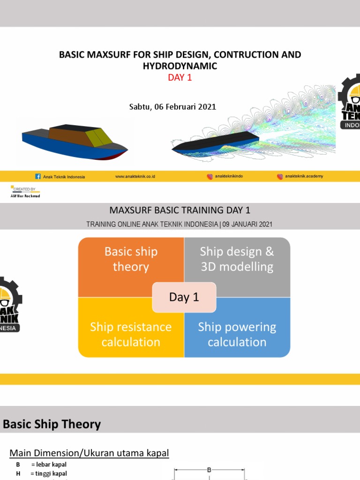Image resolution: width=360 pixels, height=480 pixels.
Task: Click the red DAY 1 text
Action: tap(180, 78)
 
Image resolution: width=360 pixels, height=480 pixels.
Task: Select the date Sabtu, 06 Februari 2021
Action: tap(172, 106)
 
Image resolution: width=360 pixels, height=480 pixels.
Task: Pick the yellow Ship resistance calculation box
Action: tap(131, 334)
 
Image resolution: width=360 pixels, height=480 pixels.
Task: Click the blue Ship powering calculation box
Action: tap(237, 334)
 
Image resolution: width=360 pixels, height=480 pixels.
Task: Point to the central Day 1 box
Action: tap(184, 297)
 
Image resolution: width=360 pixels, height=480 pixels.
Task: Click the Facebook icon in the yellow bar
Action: tap(38, 177)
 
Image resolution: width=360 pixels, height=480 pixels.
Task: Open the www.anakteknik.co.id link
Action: tap(135, 177)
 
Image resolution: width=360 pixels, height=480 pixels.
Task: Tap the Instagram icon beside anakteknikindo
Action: tap(210, 177)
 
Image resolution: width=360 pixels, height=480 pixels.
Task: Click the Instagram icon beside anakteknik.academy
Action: tap(280, 177)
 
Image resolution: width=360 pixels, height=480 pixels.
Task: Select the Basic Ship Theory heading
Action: tap(52, 425)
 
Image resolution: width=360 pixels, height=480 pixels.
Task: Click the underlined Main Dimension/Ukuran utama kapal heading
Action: tap(89, 453)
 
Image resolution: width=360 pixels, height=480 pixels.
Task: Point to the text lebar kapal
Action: tap(52, 465)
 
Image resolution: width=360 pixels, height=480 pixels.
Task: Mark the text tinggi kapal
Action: tap(52, 473)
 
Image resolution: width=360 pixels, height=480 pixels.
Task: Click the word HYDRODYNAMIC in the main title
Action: tap(180, 66)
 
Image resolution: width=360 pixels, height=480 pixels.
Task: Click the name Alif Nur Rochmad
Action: tap(25, 196)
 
